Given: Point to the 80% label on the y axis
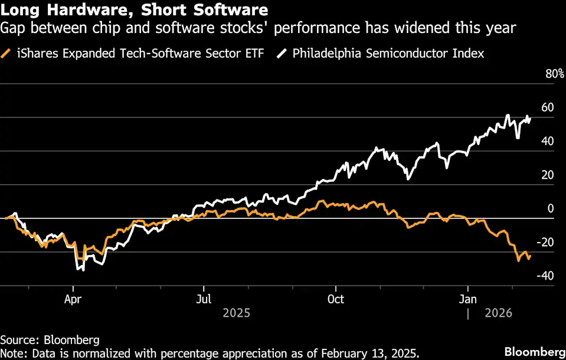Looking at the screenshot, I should pyautogui.click(x=554, y=74).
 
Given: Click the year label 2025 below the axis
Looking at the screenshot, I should pyautogui.click(x=236, y=313).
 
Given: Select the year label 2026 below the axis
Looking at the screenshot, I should pyautogui.click(x=499, y=313).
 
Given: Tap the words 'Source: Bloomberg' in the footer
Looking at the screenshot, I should pyautogui.click(x=50, y=340).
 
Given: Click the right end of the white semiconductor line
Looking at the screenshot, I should pyautogui.click(x=530, y=119).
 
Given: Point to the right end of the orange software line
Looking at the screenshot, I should pyautogui.click(x=530, y=256).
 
